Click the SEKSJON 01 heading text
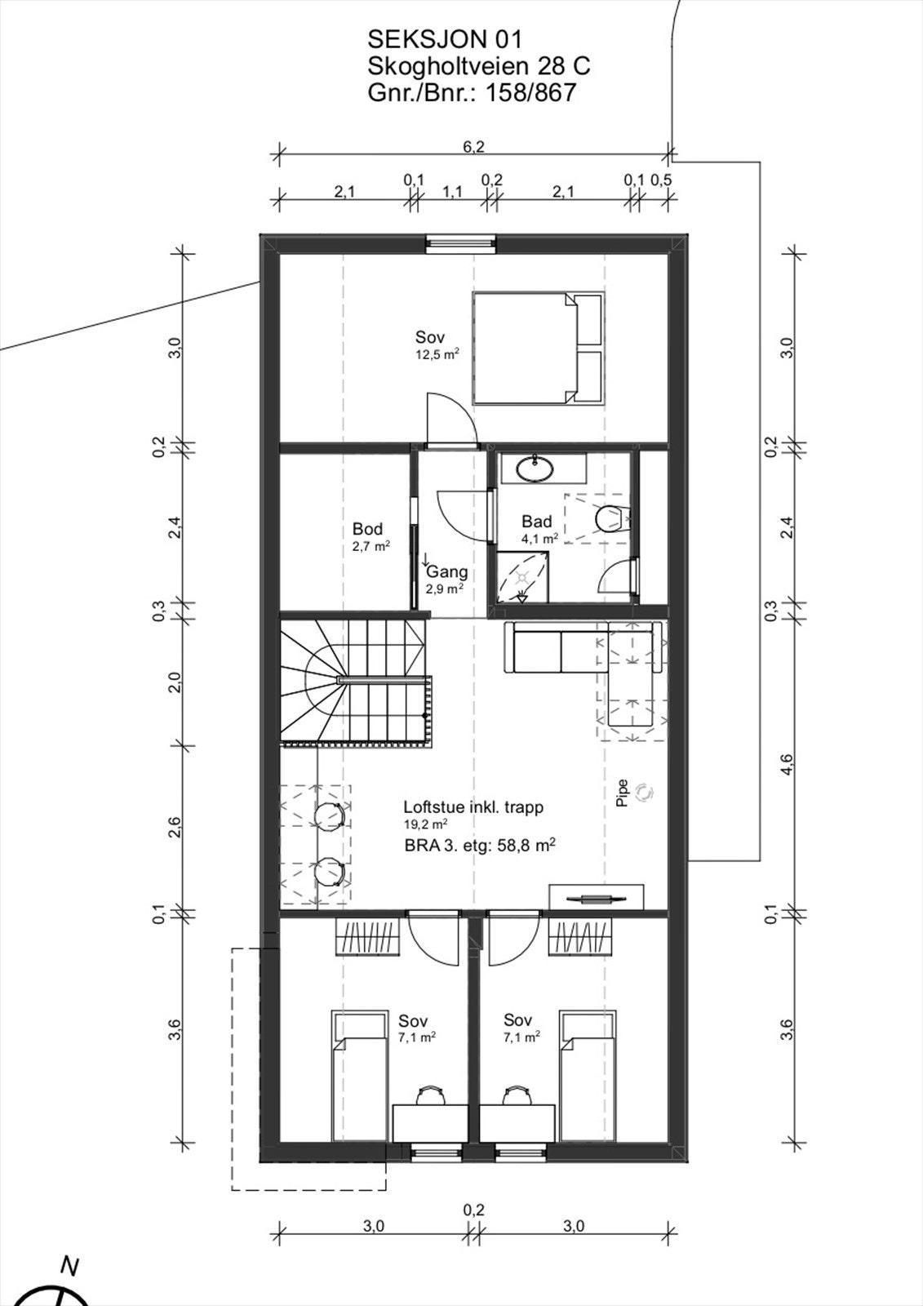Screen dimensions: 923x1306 [x=445, y=40]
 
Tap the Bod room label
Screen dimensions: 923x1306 [x=367, y=529]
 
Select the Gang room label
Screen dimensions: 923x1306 [x=447, y=572]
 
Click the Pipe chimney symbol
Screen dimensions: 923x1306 [x=644, y=792]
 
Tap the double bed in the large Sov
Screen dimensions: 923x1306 [x=538, y=348]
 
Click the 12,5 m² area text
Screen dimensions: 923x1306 [x=434, y=353]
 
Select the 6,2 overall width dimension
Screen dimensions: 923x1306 [x=473, y=147]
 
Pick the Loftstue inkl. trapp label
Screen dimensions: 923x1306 [x=473, y=807]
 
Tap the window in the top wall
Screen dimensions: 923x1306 [x=460, y=244]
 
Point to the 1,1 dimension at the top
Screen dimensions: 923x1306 [x=452, y=191]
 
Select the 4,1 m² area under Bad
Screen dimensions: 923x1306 [x=539, y=539]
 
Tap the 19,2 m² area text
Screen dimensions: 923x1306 [x=426, y=824]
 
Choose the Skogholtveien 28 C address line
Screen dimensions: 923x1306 [x=479, y=66]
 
